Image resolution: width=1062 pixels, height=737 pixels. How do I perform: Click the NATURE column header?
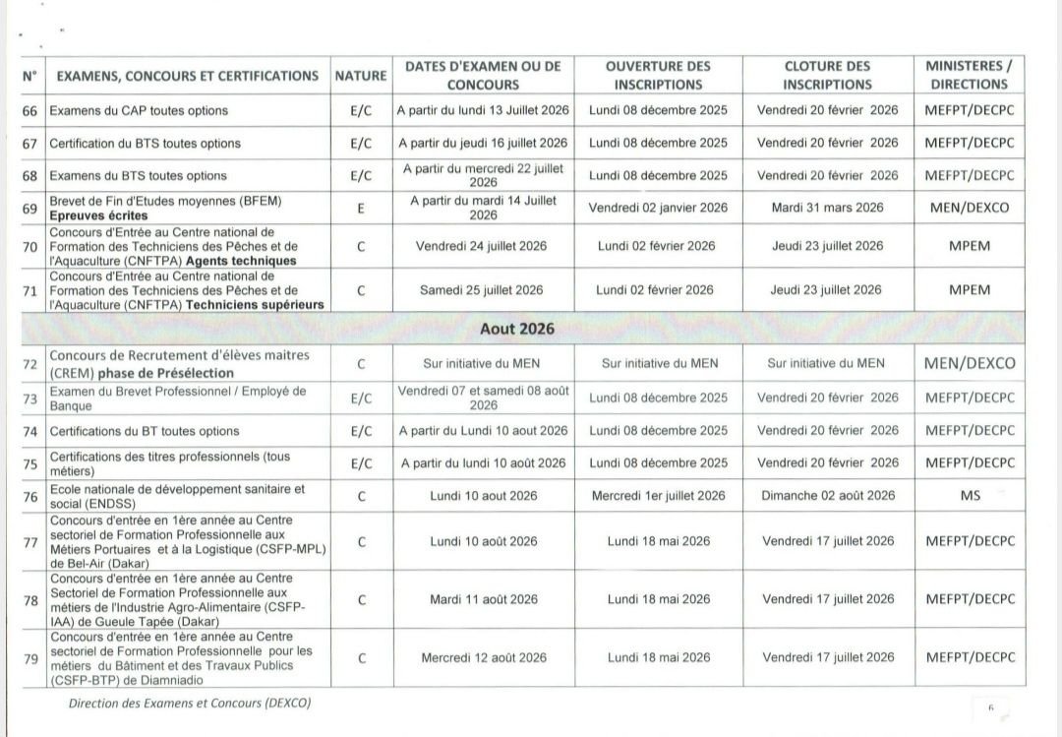point(360,76)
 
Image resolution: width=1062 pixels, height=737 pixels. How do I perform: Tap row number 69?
point(29,208)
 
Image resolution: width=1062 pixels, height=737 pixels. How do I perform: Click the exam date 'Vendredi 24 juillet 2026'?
point(483,245)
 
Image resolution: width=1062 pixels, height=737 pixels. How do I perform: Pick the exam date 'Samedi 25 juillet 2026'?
point(483,289)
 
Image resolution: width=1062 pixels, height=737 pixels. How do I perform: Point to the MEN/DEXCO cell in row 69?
point(970,208)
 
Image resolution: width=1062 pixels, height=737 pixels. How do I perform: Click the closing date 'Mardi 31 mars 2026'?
point(827,208)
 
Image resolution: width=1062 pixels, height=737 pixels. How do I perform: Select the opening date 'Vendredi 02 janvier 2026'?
point(658,208)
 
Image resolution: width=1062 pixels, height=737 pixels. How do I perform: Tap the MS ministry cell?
point(970,495)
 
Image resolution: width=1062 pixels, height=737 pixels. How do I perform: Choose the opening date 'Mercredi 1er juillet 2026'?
point(658,495)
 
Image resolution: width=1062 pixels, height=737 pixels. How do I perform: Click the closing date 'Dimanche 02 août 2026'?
point(827,495)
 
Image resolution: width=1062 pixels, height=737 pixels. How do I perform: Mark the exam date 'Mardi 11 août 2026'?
point(483,598)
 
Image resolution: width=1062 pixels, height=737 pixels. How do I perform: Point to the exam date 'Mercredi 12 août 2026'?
point(483,656)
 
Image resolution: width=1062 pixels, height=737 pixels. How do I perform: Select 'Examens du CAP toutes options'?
point(139,110)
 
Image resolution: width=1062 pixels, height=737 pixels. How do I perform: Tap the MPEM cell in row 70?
point(970,245)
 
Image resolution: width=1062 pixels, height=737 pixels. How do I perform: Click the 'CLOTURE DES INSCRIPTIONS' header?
point(827,75)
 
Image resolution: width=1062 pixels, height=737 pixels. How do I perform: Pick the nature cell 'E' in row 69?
point(360,208)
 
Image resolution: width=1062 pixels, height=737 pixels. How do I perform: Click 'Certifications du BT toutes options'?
point(145,431)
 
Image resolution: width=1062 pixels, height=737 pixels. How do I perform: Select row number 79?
point(29,656)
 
